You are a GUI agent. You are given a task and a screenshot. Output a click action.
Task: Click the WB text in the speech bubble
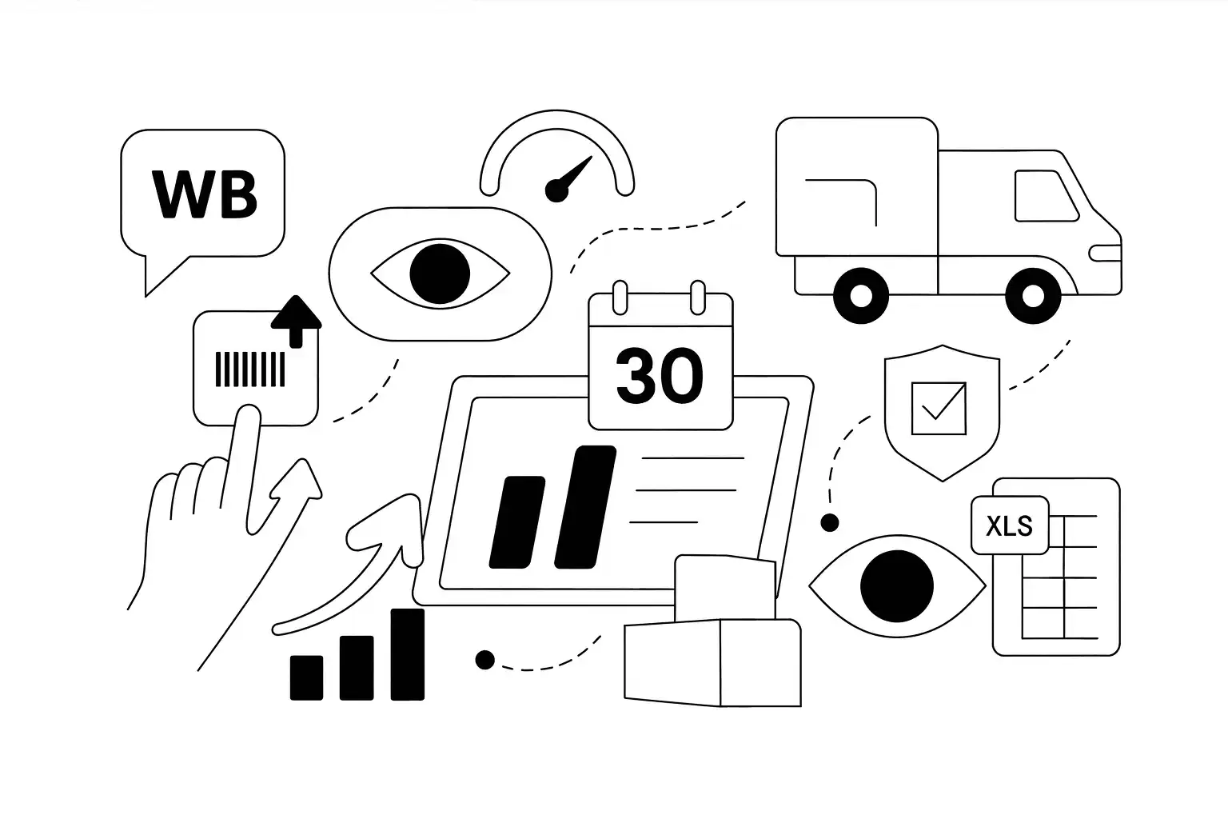coord(205,194)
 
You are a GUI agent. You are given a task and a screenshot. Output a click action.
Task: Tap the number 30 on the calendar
coord(660,376)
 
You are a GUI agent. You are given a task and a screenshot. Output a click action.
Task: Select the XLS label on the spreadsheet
coord(1009,526)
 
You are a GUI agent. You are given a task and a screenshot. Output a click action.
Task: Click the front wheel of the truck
coord(1034,295)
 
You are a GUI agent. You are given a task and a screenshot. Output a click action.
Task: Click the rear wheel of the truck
coord(861,295)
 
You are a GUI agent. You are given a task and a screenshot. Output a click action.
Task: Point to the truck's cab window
coord(1046,195)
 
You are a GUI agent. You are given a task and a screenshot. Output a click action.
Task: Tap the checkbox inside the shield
coord(939,408)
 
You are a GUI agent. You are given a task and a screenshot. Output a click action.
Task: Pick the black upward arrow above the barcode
coord(296,320)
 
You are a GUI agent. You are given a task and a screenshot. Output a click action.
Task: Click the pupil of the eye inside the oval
coord(439,274)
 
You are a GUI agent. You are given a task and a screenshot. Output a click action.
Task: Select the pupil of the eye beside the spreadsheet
coord(896,586)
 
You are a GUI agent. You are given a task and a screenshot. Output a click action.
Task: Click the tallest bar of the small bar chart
coord(407,653)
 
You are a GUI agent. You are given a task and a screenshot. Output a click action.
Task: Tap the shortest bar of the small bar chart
coord(306,677)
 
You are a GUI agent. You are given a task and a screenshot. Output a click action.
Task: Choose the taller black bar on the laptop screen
coord(584,506)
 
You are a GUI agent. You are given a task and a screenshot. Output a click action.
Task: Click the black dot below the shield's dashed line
coord(830,523)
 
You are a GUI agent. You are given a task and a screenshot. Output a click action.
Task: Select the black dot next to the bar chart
coord(484,660)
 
